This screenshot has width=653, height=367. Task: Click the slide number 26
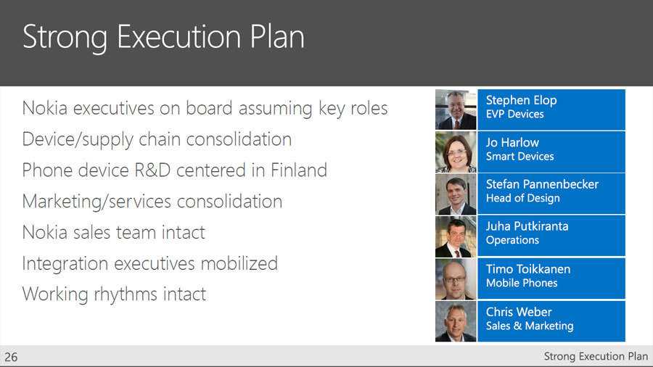click(x=11, y=357)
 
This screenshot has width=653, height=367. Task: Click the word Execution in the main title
click(x=178, y=36)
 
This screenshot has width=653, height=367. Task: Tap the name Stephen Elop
click(x=521, y=100)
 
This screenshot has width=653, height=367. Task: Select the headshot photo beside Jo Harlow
click(x=456, y=152)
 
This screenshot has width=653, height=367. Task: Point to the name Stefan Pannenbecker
click(x=542, y=184)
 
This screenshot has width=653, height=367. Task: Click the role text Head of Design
click(x=522, y=198)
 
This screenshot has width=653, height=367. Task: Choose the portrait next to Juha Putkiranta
click(x=456, y=236)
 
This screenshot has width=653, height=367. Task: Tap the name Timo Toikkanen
click(x=528, y=269)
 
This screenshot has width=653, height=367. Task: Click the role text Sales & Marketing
click(x=530, y=326)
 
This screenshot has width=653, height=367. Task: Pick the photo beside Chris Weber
click(x=456, y=321)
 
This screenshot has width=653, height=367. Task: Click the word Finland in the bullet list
click(x=299, y=170)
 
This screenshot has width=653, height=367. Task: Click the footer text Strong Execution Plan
click(x=596, y=356)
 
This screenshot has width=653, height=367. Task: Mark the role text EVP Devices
click(x=514, y=114)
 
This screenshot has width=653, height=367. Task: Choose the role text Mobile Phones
click(x=522, y=283)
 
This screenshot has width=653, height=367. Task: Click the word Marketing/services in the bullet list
click(x=96, y=202)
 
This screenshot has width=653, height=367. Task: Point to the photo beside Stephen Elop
click(x=456, y=110)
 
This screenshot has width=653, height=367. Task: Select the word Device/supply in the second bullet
click(x=77, y=140)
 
